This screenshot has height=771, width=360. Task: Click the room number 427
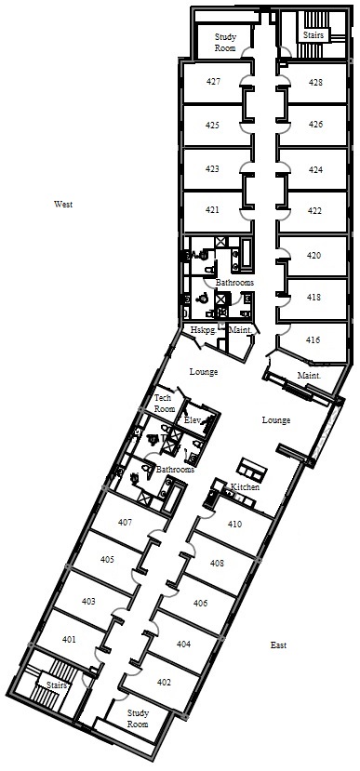pyautogui.click(x=213, y=82)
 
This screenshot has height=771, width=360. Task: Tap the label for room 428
pyautogui.click(x=315, y=82)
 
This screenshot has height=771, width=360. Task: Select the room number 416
pyautogui.click(x=313, y=339)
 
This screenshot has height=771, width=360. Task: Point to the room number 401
pyautogui.click(x=70, y=639)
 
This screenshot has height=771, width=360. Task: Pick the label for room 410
pyautogui.click(x=235, y=525)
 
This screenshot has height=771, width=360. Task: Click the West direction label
pyautogui.click(x=63, y=204)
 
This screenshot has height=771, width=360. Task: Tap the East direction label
pyautogui.click(x=278, y=645)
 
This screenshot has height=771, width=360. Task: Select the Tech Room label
pyautogui.click(x=163, y=404)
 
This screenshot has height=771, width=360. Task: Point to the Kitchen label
pyautogui.click(x=246, y=486)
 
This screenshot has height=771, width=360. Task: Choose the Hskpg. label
pyautogui.click(x=201, y=331)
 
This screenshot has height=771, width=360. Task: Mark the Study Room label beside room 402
pyautogui.click(x=138, y=718)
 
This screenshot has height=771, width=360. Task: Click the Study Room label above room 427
pyautogui.click(x=226, y=42)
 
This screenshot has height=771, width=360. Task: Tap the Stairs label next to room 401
pyautogui.click(x=56, y=685)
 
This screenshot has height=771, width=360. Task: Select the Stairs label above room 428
pyautogui.click(x=313, y=35)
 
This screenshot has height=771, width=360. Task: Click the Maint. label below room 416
pyautogui.click(x=309, y=375)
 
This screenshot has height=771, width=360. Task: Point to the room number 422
pyautogui.click(x=314, y=211)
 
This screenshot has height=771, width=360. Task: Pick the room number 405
pyautogui.click(x=107, y=560)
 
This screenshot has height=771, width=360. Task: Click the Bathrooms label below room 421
pyautogui.click(x=234, y=283)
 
